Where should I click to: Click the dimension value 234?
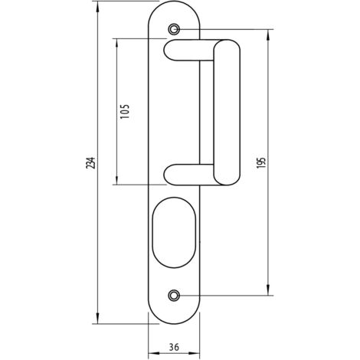click(x=91, y=162)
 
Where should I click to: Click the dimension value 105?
click(x=125, y=111)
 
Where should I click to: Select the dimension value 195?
click(x=261, y=162)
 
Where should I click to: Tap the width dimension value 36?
click(x=174, y=347)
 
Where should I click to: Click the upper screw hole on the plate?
click(x=174, y=29)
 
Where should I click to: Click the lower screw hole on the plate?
click(x=174, y=296)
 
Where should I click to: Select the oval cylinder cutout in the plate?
click(x=174, y=232)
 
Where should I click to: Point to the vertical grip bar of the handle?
click(x=227, y=113)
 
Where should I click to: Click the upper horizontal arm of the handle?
click(x=189, y=51)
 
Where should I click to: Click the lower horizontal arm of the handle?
click(x=189, y=175)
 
